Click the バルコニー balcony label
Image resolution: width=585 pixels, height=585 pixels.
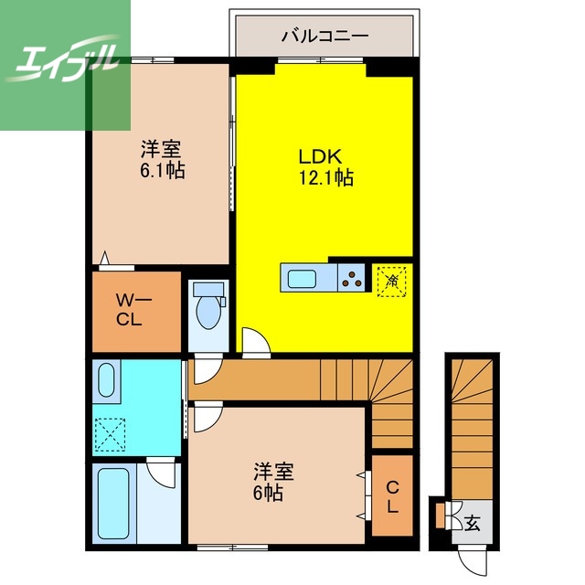coord(324,37)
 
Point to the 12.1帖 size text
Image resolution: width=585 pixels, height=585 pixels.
coord(325,178)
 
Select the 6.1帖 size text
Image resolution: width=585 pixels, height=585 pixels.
coord(163,170)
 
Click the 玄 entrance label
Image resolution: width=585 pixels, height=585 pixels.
coord(472,524)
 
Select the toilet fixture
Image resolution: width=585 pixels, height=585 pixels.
coord(209,308)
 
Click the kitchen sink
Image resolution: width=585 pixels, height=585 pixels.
coord(301,276)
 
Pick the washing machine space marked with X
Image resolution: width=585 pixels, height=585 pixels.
coord(112,435)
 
